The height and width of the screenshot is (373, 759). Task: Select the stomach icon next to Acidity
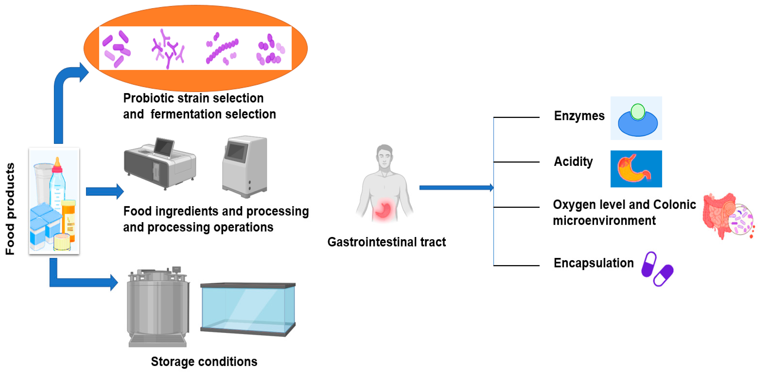pos(636,169)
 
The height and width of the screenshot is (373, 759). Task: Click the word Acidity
pos(573,162)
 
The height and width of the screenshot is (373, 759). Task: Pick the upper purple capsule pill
pos(649,264)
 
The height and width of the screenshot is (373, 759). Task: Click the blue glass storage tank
pos(247,308)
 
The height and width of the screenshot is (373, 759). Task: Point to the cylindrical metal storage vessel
pos(158,307)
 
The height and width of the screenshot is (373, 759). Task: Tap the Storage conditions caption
pos(204,361)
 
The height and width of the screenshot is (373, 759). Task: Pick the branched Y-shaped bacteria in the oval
pos(168,49)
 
